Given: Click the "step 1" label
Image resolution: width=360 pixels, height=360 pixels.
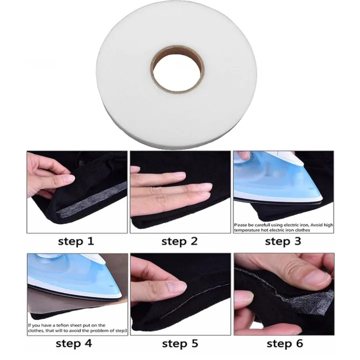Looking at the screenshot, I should [76, 241].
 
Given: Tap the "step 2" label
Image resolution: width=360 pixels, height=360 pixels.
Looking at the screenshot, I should [179, 241].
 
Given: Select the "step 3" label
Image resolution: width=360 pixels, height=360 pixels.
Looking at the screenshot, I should [283, 241].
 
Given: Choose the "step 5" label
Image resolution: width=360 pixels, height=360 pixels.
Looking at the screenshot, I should [179, 343].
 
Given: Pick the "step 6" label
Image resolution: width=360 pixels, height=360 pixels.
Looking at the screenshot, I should [283, 343].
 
